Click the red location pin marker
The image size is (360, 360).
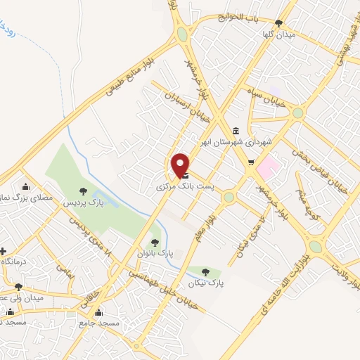pos(181,165)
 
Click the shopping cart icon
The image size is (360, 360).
pos(250,163)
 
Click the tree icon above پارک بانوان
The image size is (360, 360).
pos(155,242)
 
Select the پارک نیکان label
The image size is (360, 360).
pos(205,283)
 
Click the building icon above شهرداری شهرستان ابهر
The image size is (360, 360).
pos(234,131)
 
